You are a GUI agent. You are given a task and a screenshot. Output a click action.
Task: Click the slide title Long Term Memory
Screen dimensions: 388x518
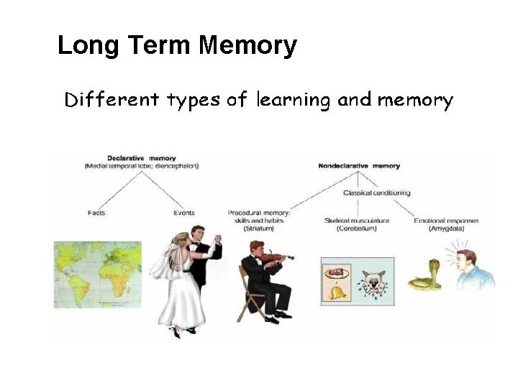(x=176, y=46)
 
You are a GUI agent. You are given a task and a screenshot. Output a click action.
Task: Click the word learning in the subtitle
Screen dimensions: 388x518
(x=292, y=101)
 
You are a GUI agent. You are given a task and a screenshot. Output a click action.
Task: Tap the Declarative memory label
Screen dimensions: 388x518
(x=141, y=158)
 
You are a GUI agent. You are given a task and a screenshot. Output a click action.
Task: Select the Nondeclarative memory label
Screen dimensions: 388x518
(x=358, y=166)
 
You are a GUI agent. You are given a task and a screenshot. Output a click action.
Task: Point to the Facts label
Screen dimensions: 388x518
(x=96, y=213)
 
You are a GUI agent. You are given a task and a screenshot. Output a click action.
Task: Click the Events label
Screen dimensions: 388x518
(x=183, y=213)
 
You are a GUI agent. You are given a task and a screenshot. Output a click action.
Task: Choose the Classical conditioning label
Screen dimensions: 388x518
(x=376, y=193)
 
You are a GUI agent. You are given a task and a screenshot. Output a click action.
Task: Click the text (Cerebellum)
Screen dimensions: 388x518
(x=356, y=228)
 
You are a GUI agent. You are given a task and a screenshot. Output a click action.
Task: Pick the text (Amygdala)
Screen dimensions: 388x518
(x=445, y=228)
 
